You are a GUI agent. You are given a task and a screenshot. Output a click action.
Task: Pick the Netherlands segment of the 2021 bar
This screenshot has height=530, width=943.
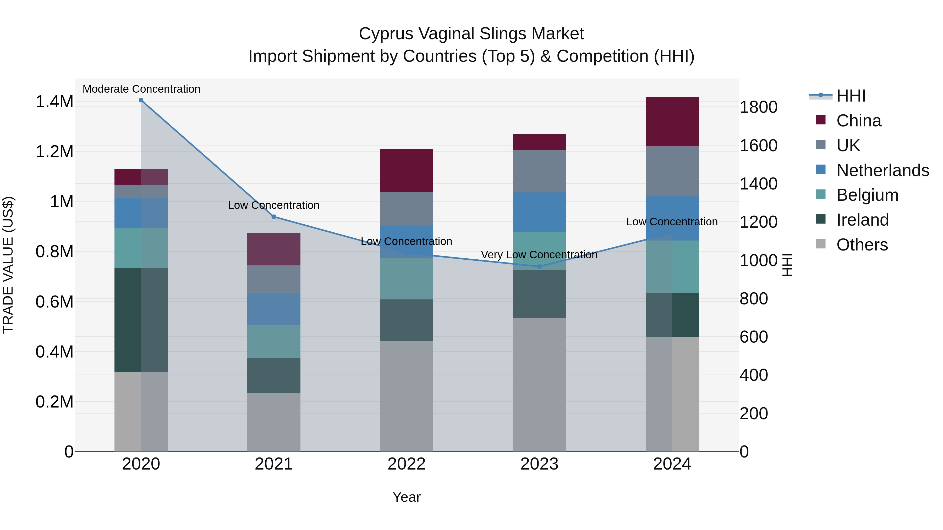pyautogui.click(x=273, y=309)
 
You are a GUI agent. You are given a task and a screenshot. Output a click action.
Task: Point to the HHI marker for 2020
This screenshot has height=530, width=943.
pyautogui.click(x=141, y=100)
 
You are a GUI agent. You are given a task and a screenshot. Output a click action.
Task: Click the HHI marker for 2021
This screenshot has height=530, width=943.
pyautogui.click(x=273, y=217)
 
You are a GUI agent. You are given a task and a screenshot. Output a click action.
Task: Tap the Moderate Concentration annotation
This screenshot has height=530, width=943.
pyautogui.click(x=141, y=89)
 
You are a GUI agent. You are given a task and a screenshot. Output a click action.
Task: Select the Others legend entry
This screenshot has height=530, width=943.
pyautogui.click(x=862, y=245)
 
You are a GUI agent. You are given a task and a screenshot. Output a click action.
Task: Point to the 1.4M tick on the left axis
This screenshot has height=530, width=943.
pyautogui.click(x=54, y=102)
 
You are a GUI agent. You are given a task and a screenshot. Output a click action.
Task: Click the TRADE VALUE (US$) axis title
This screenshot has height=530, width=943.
pyautogui.click(x=8, y=265)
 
